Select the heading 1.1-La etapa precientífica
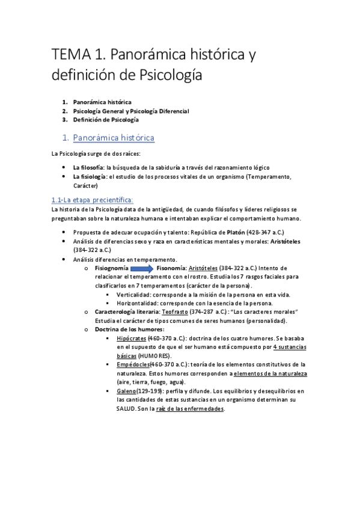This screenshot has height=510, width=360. (88, 200)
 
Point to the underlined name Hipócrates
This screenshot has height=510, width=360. (132, 339)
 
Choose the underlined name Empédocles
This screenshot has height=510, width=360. (133, 364)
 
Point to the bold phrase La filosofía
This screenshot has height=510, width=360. (88, 167)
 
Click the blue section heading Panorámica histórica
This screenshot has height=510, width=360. (114, 138)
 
